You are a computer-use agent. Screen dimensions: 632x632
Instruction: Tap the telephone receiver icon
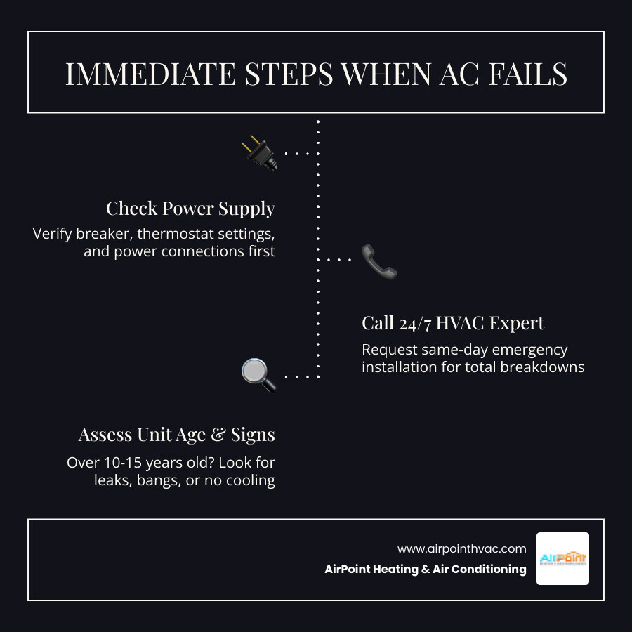pyautogui.click(x=379, y=261)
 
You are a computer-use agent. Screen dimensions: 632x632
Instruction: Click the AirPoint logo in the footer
pyautogui.click(x=562, y=559)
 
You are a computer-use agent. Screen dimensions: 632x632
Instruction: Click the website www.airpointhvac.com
pyautogui.click(x=461, y=549)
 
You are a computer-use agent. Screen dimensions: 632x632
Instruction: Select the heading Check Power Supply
pyautogui.click(x=190, y=209)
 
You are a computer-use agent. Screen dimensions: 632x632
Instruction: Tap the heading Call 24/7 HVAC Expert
pyautogui.click(x=453, y=323)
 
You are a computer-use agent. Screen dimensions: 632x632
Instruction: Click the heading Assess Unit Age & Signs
pyautogui.click(x=176, y=435)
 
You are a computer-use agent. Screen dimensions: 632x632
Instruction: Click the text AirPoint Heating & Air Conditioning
pyautogui.click(x=425, y=570)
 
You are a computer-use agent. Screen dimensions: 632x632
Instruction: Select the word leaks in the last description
pyautogui.click(x=112, y=481)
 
